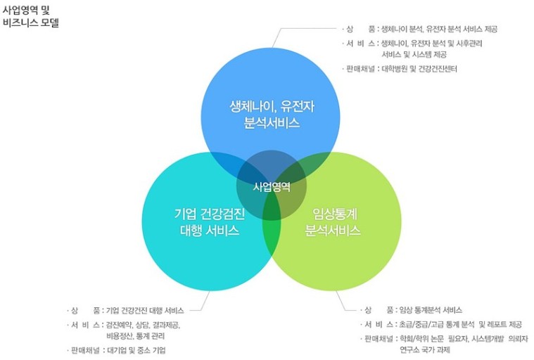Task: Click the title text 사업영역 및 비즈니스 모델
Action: (x=31, y=17)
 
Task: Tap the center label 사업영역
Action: (x=272, y=186)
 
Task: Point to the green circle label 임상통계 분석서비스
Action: (x=332, y=221)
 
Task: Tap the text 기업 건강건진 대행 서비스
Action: (x=144, y=309)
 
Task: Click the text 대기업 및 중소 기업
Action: (x=136, y=349)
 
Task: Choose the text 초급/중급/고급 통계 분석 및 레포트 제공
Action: (x=459, y=324)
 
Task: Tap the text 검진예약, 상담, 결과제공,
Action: (x=143, y=324)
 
